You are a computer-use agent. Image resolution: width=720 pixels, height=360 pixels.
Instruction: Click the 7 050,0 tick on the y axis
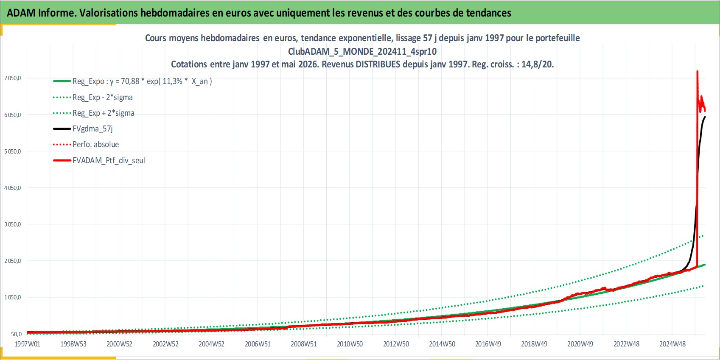(x=13, y=78)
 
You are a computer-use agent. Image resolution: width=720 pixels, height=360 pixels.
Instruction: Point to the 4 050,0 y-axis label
(x=13, y=188)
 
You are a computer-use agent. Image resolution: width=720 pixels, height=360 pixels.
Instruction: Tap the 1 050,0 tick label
(x=13, y=297)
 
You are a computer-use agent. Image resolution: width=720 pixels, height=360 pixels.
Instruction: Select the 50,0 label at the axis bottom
(x=17, y=334)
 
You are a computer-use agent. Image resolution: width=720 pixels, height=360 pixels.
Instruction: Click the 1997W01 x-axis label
(x=27, y=344)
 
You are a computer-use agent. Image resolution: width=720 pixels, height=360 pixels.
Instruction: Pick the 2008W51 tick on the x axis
(x=304, y=344)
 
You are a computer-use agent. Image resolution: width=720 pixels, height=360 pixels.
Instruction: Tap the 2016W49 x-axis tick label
(x=488, y=344)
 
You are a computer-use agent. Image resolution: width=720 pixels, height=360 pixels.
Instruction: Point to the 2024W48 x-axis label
(x=672, y=344)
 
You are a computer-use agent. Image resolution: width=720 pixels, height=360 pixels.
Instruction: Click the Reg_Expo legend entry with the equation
(x=132, y=81)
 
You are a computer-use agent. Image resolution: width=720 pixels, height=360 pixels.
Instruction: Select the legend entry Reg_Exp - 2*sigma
(x=93, y=97)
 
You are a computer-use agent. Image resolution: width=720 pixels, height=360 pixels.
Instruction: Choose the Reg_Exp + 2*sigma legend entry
(x=93, y=113)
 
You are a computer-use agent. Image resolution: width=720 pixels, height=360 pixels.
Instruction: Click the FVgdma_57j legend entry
(x=83, y=129)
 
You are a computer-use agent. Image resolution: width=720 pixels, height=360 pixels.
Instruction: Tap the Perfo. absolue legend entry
(x=86, y=145)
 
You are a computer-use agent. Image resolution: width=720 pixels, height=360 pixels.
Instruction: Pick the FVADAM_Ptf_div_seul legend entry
(x=99, y=160)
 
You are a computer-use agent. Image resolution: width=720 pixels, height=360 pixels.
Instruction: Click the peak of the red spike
(x=697, y=71)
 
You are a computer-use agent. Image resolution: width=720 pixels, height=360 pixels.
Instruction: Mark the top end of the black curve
(x=705, y=117)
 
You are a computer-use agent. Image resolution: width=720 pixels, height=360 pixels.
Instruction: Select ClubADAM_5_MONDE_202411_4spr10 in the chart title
(x=362, y=51)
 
